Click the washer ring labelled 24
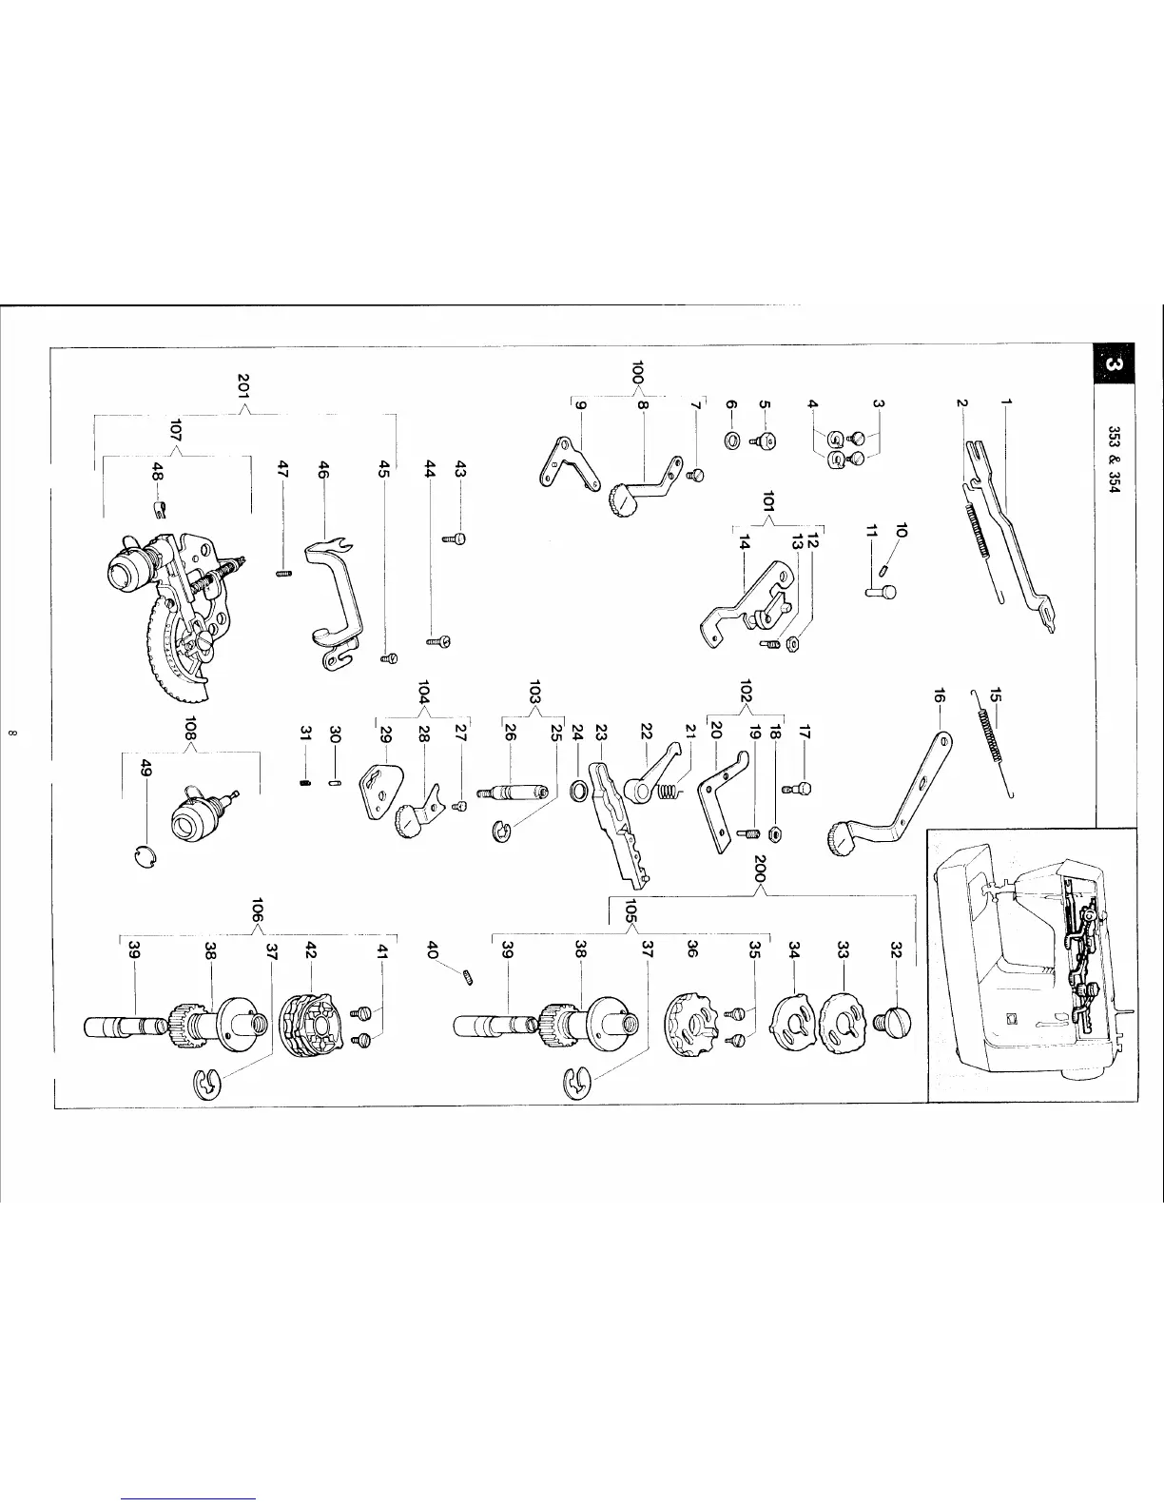tap(577, 790)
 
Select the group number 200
tap(760, 871)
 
